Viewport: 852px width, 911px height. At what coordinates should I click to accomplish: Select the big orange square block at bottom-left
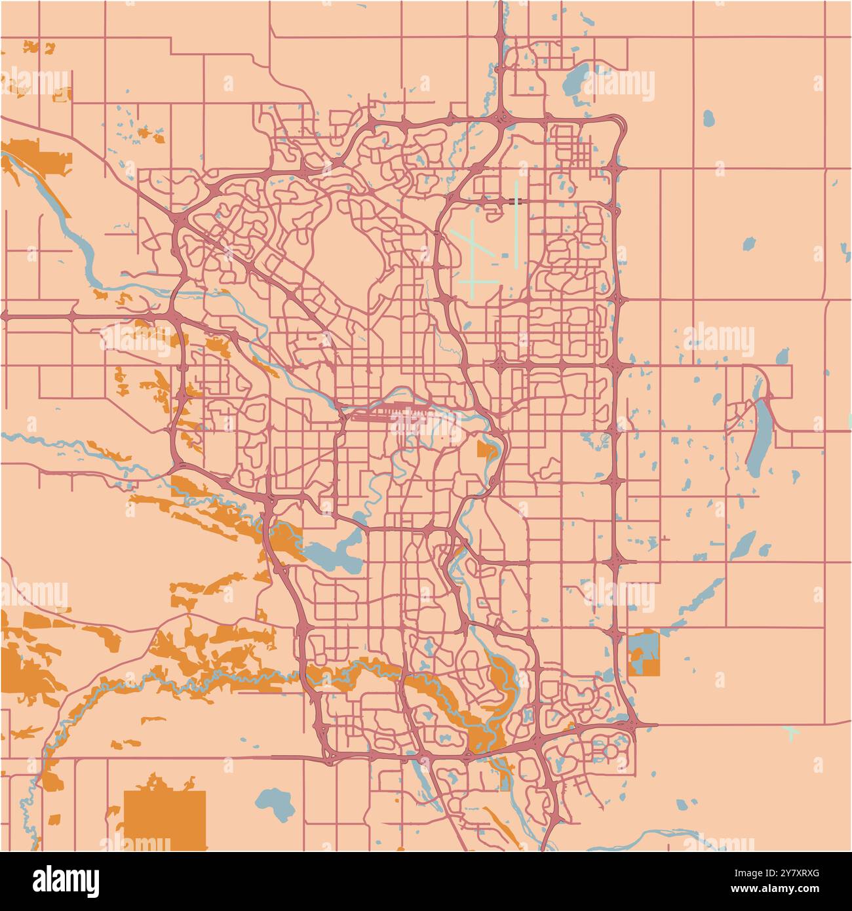(165, 820)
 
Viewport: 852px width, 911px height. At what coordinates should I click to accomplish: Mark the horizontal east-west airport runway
(478, 282)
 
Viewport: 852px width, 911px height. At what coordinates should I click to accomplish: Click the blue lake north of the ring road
(575, 81)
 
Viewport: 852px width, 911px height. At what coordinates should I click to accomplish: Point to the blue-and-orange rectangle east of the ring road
(643, 652)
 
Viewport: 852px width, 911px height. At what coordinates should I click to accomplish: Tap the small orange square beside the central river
(486, 450)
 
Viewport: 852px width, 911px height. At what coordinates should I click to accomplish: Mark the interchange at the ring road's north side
(501, 118)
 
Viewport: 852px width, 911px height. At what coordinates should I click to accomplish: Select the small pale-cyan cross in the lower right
(792, 732)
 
